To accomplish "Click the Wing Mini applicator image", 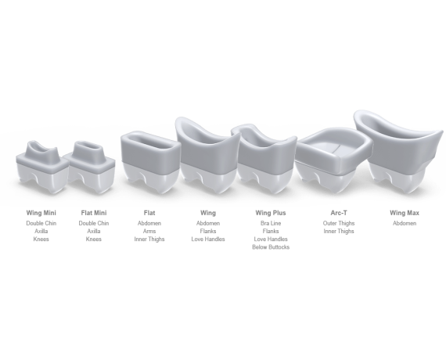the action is (x=42, y=167).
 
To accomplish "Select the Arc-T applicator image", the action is (x=333, y=160).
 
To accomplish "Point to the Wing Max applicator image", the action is (x=398, y=153).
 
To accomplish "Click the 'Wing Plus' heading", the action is (x=271, y=213).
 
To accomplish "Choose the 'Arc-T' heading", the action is (x=339, y=213).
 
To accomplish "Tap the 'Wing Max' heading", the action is (x=405, y=213).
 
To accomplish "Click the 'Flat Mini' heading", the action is (x=94, y=213).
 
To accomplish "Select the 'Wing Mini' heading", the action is (x=41, y=213).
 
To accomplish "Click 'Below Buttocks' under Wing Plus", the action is (x=271, y=247).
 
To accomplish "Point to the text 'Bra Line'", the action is (x=271, y=223).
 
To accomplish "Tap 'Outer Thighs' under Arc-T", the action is (x=339, y=223).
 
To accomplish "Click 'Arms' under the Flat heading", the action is (x=149, y=231).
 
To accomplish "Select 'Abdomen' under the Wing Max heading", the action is (x=405, y=223).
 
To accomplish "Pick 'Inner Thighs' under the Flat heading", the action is (x=149, y=239).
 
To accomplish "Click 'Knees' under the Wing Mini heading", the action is (x=41, y=239).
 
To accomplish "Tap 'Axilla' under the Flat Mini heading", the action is (x=94, y=231).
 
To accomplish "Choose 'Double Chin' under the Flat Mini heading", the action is (x=94, y=223).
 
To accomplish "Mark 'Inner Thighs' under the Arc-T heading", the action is (x=339, y=231).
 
